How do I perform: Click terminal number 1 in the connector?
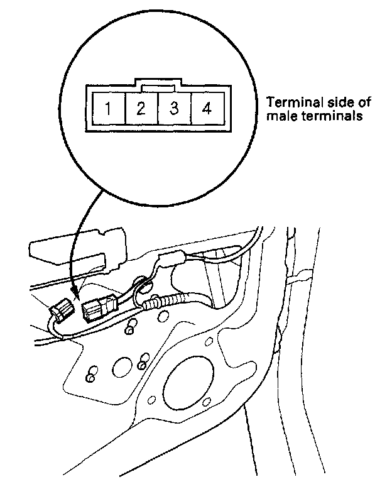(108, 109)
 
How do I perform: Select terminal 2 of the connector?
(141, 109)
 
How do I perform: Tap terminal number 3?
(174, 109)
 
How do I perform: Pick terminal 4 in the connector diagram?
(207, 109)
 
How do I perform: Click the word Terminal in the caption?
(290, 102)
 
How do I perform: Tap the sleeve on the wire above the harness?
(175, 259)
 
